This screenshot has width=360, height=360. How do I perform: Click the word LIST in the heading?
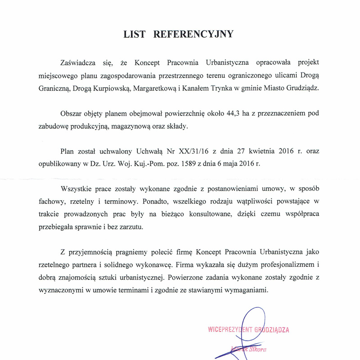(136, 34)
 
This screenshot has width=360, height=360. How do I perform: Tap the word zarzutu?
(131, 227)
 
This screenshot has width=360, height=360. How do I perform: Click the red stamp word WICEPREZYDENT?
(230, 329)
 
